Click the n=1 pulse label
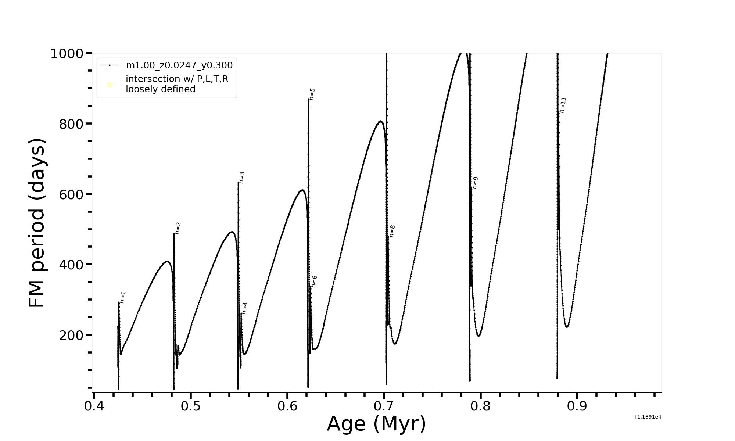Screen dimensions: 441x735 point(123,297)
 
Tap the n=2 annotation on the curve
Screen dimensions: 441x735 point(178,228)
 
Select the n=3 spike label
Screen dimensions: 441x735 point(242,177)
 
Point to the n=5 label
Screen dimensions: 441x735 point(312,94)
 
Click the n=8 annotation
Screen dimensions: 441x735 point(392,231)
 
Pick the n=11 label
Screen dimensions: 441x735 point(563,105)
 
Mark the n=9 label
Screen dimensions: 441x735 point(475,182)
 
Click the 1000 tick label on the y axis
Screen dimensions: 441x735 point(67,54)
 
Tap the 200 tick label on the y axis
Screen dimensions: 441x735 point(71,335)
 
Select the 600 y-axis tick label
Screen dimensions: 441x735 point(71,194)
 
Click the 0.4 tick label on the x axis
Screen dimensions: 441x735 point(94,406)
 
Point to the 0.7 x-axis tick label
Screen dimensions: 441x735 point(384,406)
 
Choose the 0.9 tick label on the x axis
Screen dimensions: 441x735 point(577,406)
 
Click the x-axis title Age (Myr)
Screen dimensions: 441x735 point(376,424)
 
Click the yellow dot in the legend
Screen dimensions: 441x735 point(110,85)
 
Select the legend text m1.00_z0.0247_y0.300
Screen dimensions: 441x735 point(179,65)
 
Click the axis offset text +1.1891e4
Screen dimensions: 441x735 point(647,417)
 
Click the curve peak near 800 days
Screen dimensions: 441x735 point(380,121)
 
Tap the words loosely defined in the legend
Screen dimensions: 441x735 point(161,89)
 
